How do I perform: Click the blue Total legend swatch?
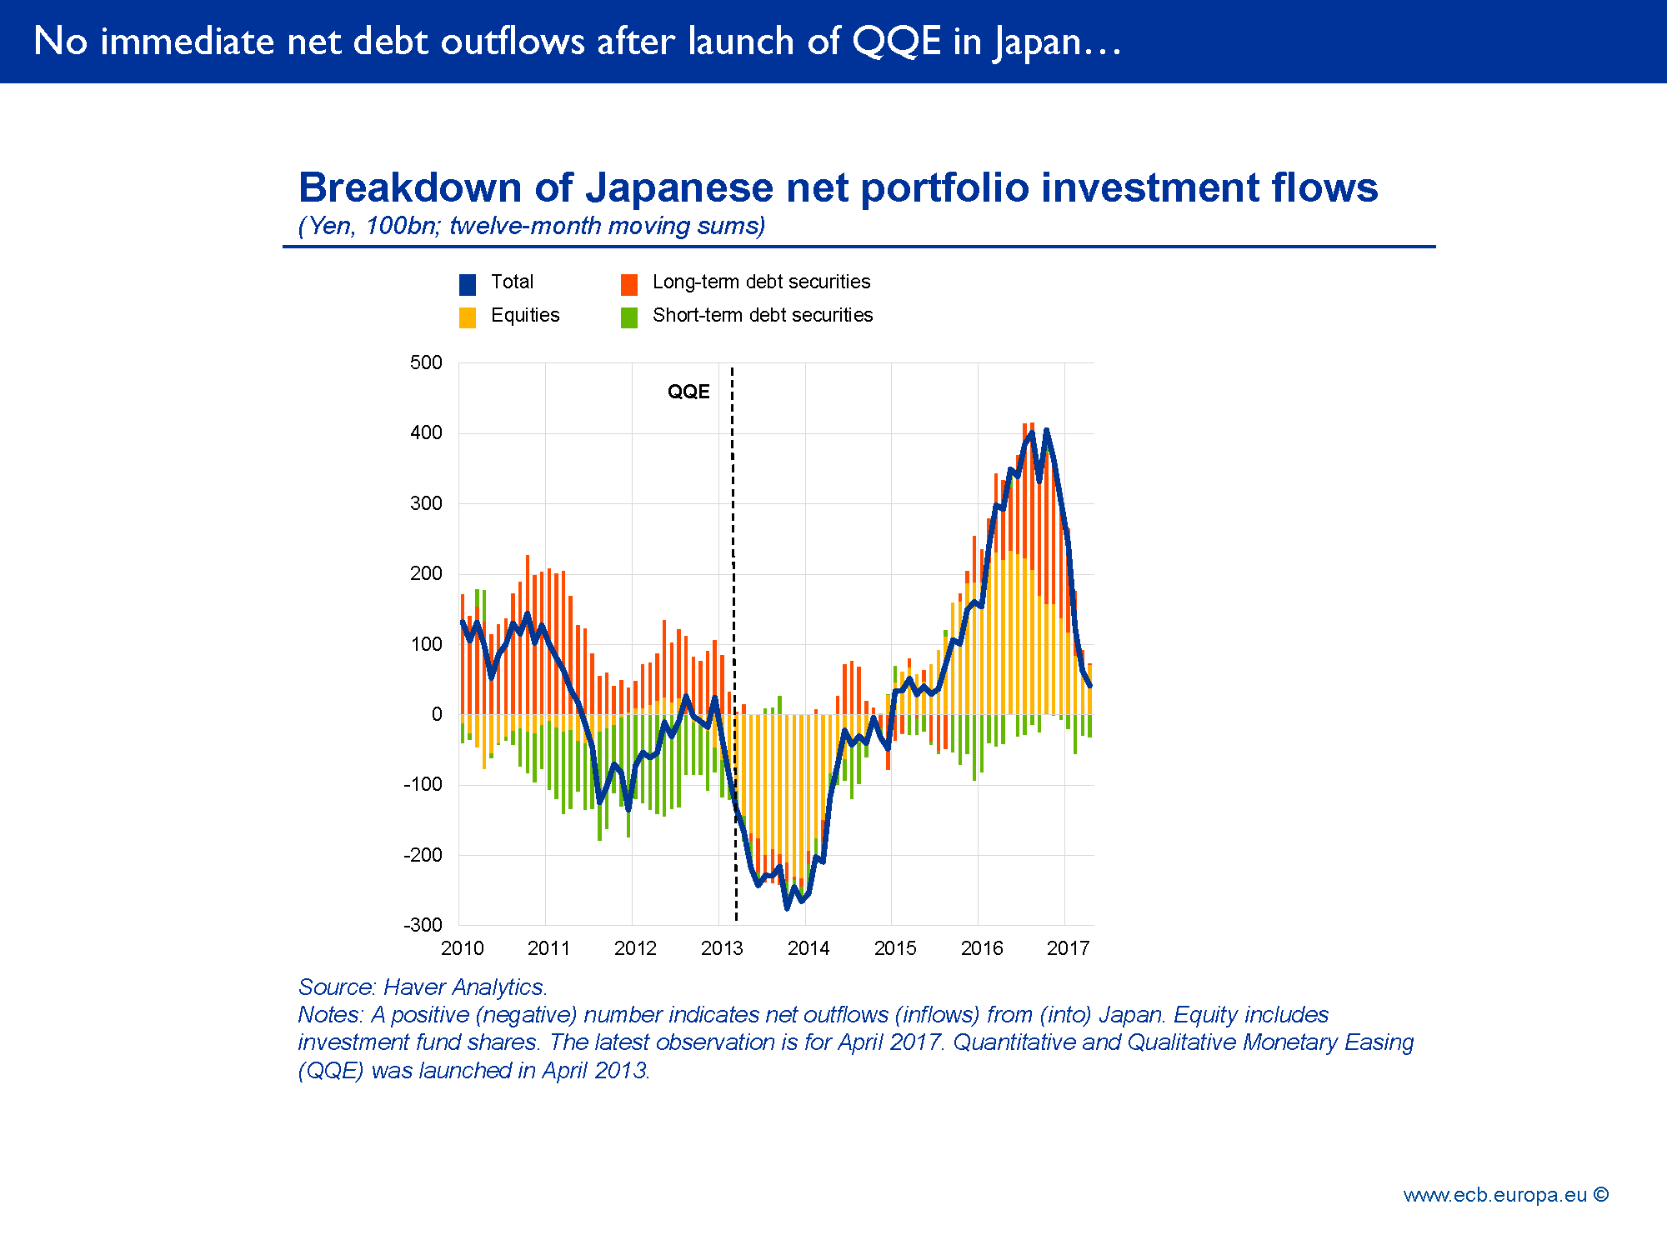point(468,285)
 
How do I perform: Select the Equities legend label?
point(525,315)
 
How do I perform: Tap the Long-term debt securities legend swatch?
point(629,285)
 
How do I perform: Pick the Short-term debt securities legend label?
point(762,315)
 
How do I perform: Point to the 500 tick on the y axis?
point(426,362)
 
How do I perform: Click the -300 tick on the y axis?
point(423,925)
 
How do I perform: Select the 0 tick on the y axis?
point(437,714)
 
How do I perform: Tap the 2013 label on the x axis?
point(722,948)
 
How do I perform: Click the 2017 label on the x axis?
point(1068,948)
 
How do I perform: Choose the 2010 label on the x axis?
point(462,948)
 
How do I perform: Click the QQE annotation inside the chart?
point(688,392)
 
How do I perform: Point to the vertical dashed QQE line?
point(733,583)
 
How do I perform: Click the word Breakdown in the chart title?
point(409,187)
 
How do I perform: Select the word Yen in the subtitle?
point(330,226)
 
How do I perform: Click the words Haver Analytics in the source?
point(465,987)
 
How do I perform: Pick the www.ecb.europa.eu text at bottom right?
point(1494,1195)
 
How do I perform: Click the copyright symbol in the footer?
point(1600,1194)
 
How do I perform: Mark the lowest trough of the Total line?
point(787,907)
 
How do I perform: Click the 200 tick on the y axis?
point(426,573)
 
